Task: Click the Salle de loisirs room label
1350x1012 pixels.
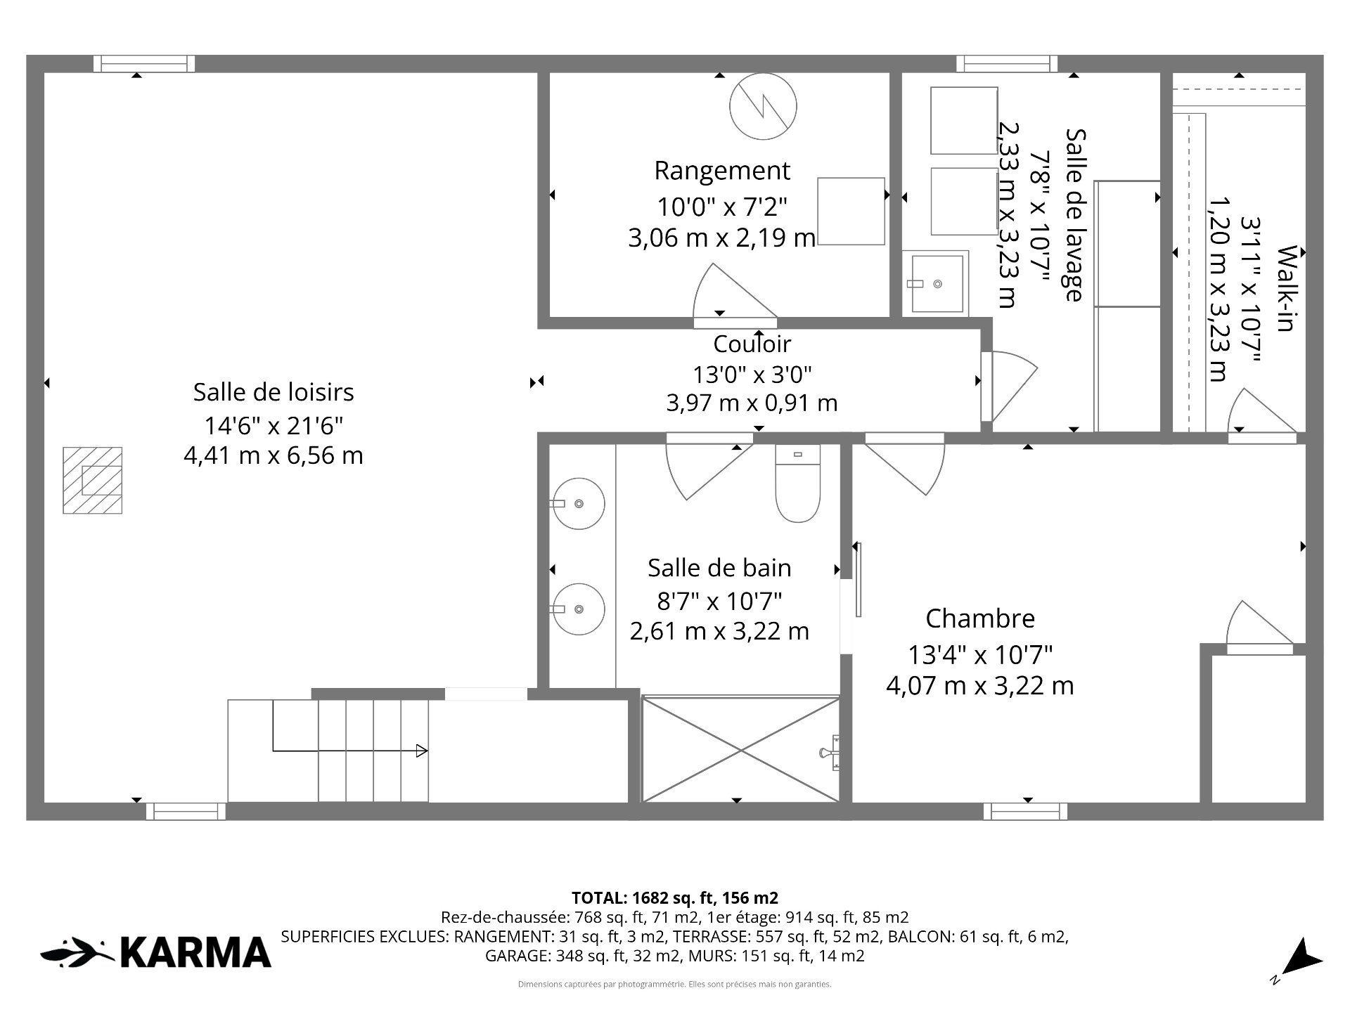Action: (274, 392)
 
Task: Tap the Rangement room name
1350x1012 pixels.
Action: (722, 171)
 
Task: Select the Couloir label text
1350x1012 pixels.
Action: (752, 344)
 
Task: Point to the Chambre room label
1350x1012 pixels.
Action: (980, 618)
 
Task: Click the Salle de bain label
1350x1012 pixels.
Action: (719, 568)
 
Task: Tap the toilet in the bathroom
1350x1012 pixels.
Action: (797, 484)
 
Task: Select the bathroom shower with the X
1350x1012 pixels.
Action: (741, 749)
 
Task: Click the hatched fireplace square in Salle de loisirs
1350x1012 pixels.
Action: (92, 481)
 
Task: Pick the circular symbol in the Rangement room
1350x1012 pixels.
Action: (763, 107)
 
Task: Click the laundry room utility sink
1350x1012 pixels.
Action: (937, 283)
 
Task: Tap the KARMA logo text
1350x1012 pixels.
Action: (195, 953)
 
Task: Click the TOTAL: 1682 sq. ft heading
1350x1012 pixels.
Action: (674, 897)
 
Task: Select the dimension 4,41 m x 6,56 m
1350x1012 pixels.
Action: (274, 455)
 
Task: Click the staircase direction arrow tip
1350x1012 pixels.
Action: (427, 751)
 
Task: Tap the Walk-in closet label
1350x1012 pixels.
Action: (1285, 288)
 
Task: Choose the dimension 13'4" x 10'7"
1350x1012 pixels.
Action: (980, 655)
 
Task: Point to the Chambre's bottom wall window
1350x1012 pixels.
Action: (1025, 812)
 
